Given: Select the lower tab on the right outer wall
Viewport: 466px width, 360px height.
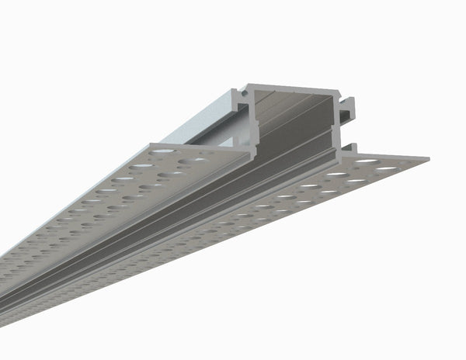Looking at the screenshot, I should point(353,147).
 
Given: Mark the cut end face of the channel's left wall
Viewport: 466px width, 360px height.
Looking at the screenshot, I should point(252,124).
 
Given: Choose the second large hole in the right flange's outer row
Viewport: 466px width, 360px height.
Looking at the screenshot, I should point(357,180).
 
